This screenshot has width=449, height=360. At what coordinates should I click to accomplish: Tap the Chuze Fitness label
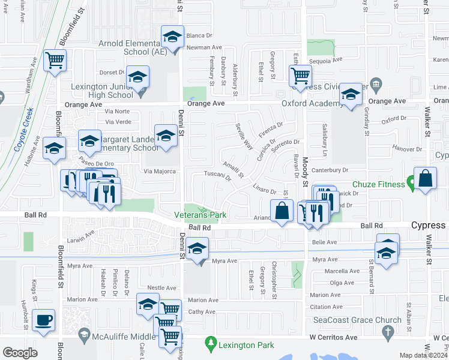[378, 184]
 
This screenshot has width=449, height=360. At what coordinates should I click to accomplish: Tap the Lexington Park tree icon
[210, 344]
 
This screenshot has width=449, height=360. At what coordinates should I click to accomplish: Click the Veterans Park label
[200, 214]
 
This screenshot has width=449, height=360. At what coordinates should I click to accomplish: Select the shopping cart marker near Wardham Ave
[55, 60]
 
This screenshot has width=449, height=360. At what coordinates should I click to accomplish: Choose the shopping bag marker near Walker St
[425, 179]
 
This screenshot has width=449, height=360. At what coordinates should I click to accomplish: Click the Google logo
[20, 352]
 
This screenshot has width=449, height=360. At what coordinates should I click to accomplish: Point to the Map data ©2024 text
[424, 355]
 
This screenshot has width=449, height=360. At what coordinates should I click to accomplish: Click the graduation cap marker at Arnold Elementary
[172, 38]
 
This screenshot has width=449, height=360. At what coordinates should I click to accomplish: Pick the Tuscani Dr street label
[218, 176]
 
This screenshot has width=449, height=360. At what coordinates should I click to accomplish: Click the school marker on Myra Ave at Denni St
[197, 248]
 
